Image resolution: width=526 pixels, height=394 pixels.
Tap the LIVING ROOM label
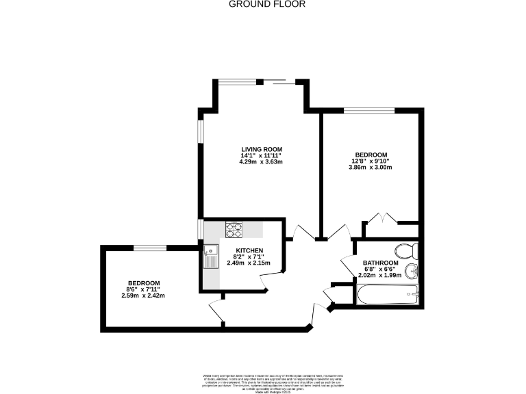coord(261,149)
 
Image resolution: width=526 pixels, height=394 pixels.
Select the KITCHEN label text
coord(250,250)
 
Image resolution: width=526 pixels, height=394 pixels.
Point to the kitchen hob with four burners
coord(234,230)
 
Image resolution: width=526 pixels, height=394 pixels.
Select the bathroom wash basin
coord(411,272)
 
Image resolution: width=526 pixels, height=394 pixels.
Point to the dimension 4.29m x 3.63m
coord(261,162)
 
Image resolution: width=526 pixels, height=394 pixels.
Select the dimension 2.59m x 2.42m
coord(144,295)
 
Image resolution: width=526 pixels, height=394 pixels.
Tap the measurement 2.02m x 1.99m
coord(379,276)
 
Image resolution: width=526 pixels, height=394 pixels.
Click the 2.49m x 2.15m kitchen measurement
coord(249,263)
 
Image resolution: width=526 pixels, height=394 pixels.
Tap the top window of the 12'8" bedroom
coord(369,110)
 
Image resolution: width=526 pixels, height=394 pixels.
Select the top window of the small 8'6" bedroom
coord(149,247)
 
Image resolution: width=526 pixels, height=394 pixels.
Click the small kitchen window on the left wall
coord(200,228)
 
